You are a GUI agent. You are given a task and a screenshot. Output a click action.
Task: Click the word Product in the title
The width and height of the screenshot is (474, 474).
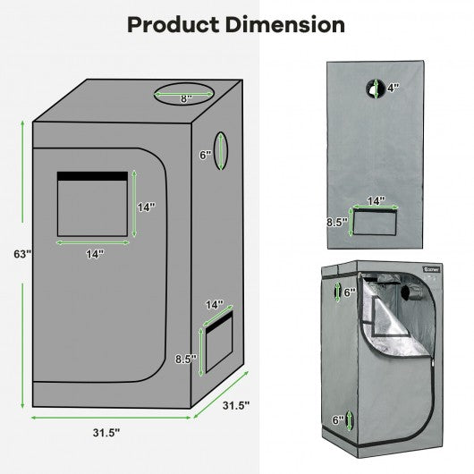174,25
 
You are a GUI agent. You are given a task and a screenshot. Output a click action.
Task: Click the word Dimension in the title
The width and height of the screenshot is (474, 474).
284,24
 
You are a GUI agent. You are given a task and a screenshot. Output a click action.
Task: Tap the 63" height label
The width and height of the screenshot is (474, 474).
22,254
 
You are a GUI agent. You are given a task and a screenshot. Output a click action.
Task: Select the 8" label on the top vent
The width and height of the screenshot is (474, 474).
186,99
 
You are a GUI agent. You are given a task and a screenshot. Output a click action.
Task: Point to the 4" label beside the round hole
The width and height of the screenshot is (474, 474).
394,88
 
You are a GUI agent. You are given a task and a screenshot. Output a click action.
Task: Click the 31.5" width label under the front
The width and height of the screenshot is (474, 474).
106,433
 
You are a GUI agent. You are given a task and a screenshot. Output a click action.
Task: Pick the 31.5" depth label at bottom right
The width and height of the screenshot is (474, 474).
236,405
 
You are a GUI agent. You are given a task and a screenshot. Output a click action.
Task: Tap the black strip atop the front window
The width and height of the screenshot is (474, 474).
92,176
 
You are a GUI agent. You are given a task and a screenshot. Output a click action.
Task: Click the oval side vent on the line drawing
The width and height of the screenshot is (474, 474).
221,150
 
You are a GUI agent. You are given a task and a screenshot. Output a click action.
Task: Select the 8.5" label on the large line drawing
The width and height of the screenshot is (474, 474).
186,360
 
